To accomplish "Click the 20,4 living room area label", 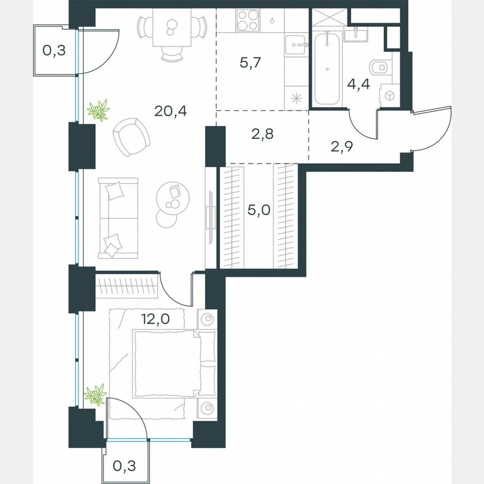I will pyautogui.click(x=171, y=110).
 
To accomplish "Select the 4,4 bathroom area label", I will pyautogui.click(x=359, y=85).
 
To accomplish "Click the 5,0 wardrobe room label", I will pyautogui.click(x=259, y=211).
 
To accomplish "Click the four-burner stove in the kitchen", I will pyautogui.click(x=247, y=22).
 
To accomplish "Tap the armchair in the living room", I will pyautogui.click(x=131, y=137).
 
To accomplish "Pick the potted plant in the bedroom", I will pyautogui.click(x=95, y=395).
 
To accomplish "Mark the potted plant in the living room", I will pyautogui.click(x=99, y=110).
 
